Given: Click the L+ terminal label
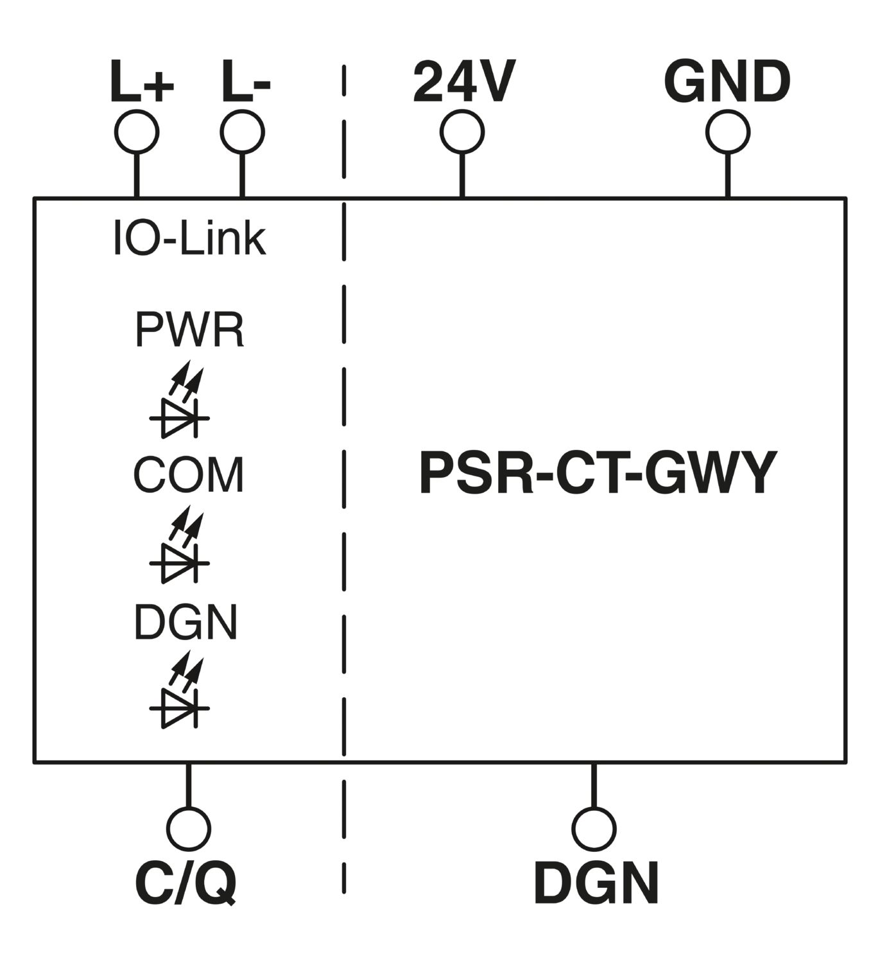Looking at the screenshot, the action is [x=142, y=81].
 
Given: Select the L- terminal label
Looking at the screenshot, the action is [x=246, y=81].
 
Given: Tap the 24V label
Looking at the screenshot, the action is [x=464, y=81].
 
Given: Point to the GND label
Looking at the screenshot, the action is [x=727, y=81].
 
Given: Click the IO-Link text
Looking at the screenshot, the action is [x=189, y=238].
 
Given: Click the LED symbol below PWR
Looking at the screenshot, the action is [x=180, y=399].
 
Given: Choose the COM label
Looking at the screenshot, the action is [x=189, y=475].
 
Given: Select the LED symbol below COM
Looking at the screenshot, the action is [x=180, y=544].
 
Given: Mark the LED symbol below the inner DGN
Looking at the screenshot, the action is [x=180, y=690].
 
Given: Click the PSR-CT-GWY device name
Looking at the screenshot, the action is [x=598, y=473].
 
